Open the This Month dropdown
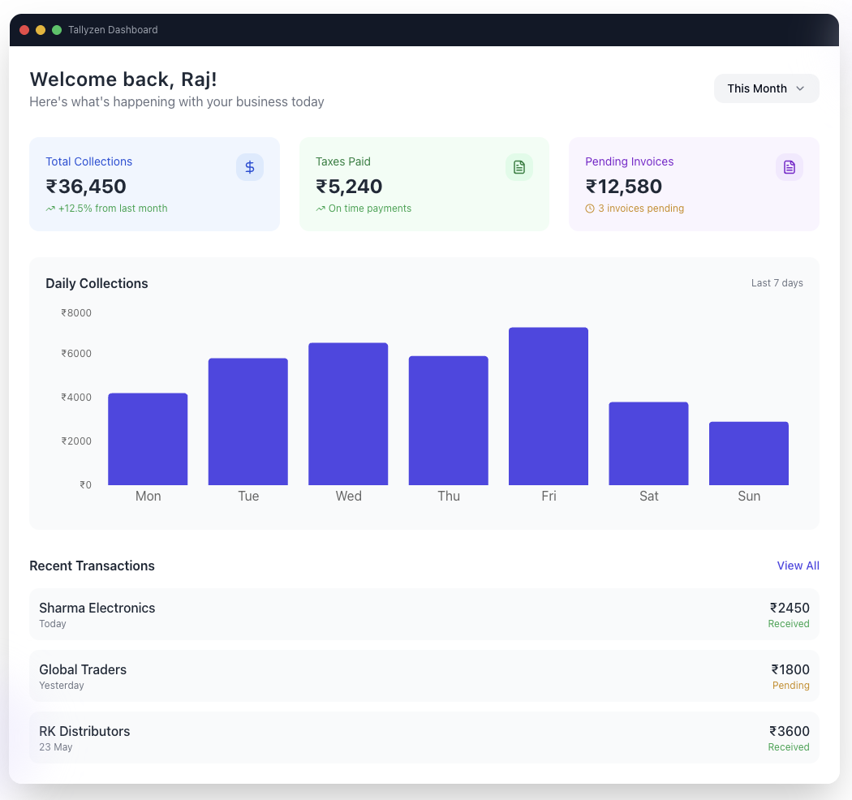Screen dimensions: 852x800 tap(766, 88)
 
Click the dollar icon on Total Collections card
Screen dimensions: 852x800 tap(250, 167)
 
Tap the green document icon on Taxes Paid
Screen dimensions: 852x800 tap(519, 167)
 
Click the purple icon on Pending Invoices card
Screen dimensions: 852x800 tap(789, 167)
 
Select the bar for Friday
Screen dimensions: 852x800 tap(549, 406)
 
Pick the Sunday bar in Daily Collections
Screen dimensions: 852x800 tap(749, 454)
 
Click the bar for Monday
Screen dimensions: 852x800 tap(148, 439)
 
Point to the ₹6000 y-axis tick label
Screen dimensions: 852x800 tap(76, 353)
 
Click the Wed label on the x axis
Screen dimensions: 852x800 tap(348, 496)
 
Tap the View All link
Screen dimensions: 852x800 tap(798, 566)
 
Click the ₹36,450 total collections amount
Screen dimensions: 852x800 tap(86, 187)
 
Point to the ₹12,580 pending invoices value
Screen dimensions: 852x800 tap(624, 187)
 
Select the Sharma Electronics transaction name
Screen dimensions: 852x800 tap(97, 608)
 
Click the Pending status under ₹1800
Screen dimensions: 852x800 tap(790, 686)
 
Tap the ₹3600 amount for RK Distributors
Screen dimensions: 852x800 tap(790, 731)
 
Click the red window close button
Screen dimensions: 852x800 tap(24, 30)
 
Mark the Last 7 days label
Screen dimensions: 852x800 tap(777, 282)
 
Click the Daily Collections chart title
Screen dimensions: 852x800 tap(97, 283)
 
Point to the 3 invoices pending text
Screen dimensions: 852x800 tap(641, 209)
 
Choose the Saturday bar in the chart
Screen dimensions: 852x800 tap(648, 444)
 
